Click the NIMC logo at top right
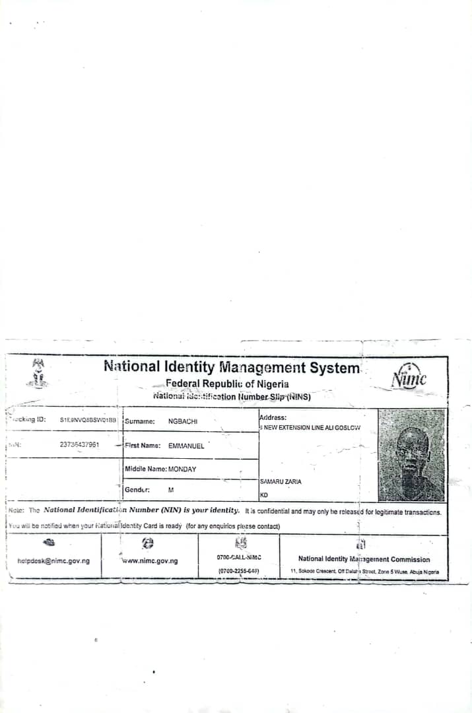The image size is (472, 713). coord(408,377)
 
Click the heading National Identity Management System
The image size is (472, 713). coord(232,367)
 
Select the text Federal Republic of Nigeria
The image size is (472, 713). coord(227,384)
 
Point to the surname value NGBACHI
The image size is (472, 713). coord(183,421)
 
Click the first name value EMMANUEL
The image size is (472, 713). coord(186,446)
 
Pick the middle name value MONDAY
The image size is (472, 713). coord(182,469)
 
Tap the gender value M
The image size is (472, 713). coord(171,490)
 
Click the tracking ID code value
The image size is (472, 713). coord(88,419)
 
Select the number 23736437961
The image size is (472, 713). coord(80,444)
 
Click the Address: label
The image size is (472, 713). coord(273,417)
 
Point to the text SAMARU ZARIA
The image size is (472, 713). coord(281,482)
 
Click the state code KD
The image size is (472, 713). coord(264,495)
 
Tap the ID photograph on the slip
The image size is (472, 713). coord(411,455)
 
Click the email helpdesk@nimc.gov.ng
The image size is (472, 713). coord(53,561)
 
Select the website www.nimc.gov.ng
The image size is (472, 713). coord(150,561)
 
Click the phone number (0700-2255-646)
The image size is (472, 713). coord(238,570)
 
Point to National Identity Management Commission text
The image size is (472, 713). coord(364,559)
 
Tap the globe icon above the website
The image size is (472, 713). coord(149,543)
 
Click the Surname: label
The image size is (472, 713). coord(139,421)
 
